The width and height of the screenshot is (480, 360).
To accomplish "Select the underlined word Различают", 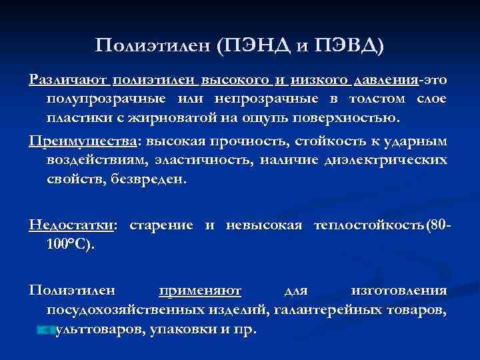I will pos(69,81).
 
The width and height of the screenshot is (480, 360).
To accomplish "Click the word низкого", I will pos(319,81).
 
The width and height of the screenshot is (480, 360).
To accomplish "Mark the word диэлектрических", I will pos(387,161).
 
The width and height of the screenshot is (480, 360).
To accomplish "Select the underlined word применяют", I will pos(200,291).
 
